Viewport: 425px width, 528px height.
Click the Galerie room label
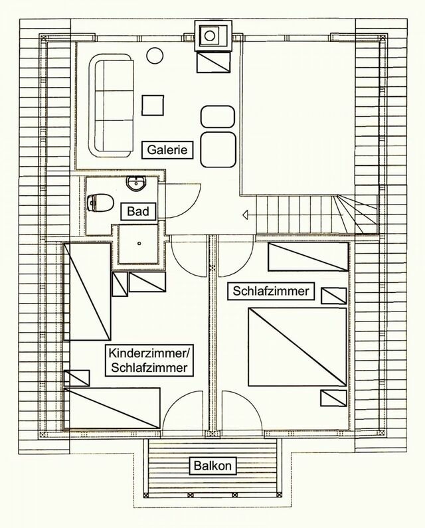tap(167, 151)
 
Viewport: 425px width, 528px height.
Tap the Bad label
tap(138, 212)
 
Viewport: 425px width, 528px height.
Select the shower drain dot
tap(139, 242)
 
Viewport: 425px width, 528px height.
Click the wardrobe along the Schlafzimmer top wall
tap(307, 256)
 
